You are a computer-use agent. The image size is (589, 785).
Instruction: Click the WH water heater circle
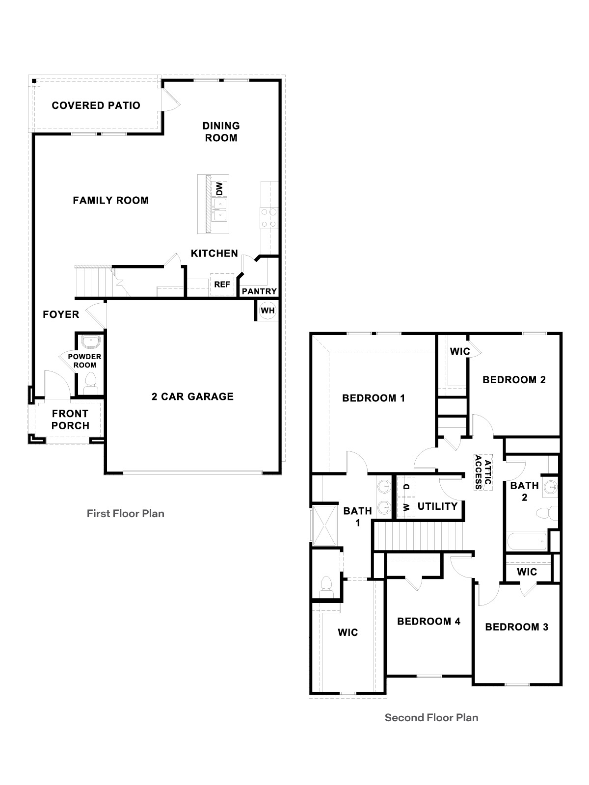tap(268, 311)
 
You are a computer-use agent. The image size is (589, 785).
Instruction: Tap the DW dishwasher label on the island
tap(219, 188)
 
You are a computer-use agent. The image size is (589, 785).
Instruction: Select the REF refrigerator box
tap(222, 285)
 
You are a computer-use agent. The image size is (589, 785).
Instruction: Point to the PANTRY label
tap(259, 291)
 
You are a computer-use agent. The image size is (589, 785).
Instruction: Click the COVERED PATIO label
tap(96, 105)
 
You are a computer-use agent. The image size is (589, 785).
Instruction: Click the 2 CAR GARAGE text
tap(192, 396)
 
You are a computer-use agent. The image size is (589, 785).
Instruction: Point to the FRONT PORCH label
tap(70, 419)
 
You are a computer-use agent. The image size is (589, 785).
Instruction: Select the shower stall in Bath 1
tap(323, 525)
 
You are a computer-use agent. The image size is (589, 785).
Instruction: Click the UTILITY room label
tap(437, 506)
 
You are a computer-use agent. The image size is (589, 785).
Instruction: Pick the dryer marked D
tap(406, 486)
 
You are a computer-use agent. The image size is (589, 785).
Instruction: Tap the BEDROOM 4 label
tap(428, 622)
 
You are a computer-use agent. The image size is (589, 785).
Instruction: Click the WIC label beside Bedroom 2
tap(460, 351)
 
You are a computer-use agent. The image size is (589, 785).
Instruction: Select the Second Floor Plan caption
tap(431, 718)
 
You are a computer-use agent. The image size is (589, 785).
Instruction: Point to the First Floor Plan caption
tap(126, 514)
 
